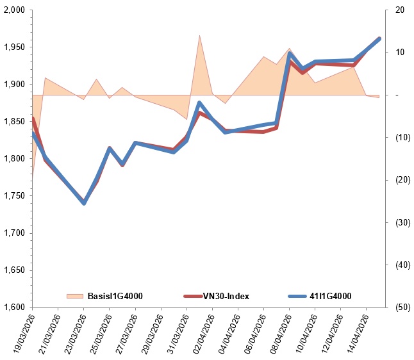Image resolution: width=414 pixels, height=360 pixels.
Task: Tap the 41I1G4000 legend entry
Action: pyautogui.click(x=329, y=296)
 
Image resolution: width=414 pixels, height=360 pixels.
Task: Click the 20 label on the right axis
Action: pyautogui.click(x=401, y=10)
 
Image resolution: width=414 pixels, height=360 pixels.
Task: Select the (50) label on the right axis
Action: pyautogui.click(x=401, y=307)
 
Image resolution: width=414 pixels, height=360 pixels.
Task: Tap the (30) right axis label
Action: pyautogui.click(x=401, y=222)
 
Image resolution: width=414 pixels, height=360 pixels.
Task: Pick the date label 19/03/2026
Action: pyautogui.click(x=21, y=333)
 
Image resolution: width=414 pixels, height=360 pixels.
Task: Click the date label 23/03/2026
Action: pyautogui.click(x=72, y=333)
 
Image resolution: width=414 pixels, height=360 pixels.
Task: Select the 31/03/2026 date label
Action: pyautogui.click(x=175, y=333)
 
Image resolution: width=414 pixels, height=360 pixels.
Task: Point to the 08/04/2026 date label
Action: pyautogui.click(x=278, y=333)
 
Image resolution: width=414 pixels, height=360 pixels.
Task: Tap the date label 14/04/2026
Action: pyautogui.click(x=355, y=333)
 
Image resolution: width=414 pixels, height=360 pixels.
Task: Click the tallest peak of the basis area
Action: pyautogui.click(x=199, y=36)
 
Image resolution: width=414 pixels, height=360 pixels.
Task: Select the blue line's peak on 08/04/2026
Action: pyautogui.click(x=289, y=54)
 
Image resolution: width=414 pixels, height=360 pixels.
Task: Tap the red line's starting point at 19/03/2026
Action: pyautogui.click(x=32, y=119)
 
